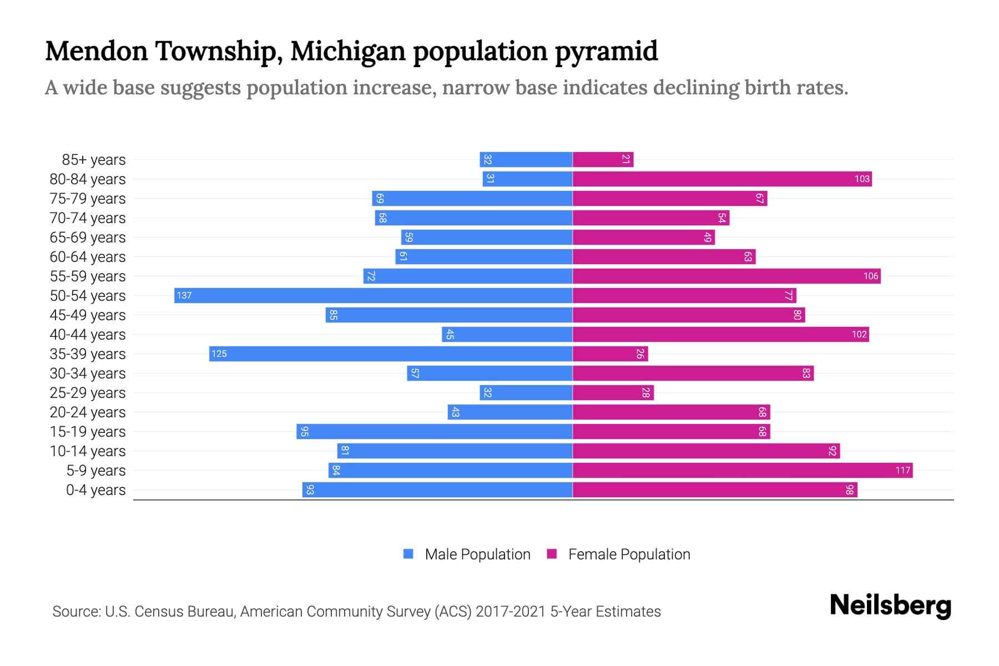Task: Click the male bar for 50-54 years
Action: pos(373,295)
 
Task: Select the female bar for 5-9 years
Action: pos(742,471)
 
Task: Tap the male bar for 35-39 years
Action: pos(391,354)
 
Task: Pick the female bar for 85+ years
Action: pos(603,160)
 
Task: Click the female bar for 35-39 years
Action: pos(610,354)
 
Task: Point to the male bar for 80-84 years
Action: pos(527,179)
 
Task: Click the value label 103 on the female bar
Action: pos(862,179)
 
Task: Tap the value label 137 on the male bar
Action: pos(184,295)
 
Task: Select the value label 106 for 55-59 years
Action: pos(871,276)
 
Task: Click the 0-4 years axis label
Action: pos(95,490)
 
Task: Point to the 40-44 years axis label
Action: pos(88,335)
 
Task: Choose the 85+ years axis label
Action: pos(94,160)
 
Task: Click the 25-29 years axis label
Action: pos(88,393)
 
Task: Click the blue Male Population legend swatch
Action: pos(408,554)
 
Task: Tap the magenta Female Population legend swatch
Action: pos(552,554)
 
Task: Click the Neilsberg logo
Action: pos(890,606)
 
